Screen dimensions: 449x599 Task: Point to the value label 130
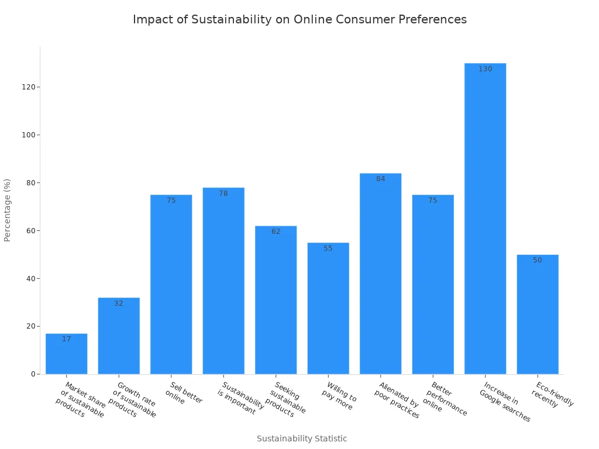[x=485, y=69]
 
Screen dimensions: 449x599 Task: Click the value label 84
[x=380, y=179]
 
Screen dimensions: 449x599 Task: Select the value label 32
[x=119, y=303]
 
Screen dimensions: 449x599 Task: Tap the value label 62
[x=276, y=232]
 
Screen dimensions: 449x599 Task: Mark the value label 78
[x=223, y=194]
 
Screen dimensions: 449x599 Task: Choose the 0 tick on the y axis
[x=33, y=374]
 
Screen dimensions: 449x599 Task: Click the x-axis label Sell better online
[x=183, y=393]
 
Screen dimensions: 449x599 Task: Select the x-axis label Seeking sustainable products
[x=287, y=399]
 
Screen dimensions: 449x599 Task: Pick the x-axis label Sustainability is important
[x=240, y=398]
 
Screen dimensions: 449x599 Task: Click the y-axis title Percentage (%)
[x=8, y=210]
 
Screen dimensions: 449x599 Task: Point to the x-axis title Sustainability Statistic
[x=302, y=438]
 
